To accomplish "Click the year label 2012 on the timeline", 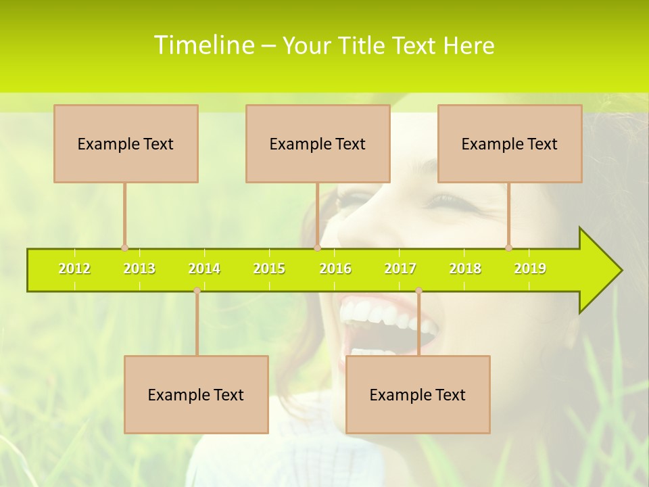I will coord(74,269).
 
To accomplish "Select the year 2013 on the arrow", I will coord(139,269).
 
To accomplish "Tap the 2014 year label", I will coord(204,269).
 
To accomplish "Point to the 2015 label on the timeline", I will coord(269,269).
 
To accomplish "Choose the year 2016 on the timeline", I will coord(335,269).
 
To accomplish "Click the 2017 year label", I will coord(400,269).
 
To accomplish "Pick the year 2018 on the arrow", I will coord(465,269).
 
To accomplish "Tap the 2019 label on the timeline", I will coord(530,269).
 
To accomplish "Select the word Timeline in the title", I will coord(203,45).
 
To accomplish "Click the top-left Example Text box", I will coord(126,143).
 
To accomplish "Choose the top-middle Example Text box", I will coord(318,143).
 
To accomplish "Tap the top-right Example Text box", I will coord(510,143).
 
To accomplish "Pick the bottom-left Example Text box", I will coord(196,394).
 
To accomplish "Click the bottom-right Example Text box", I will coord(418,394).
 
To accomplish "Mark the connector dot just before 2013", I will coord(124,248).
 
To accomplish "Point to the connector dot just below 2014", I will coord(197,290).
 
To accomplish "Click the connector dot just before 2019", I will coord(508,248).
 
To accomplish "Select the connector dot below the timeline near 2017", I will coord(418,290).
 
